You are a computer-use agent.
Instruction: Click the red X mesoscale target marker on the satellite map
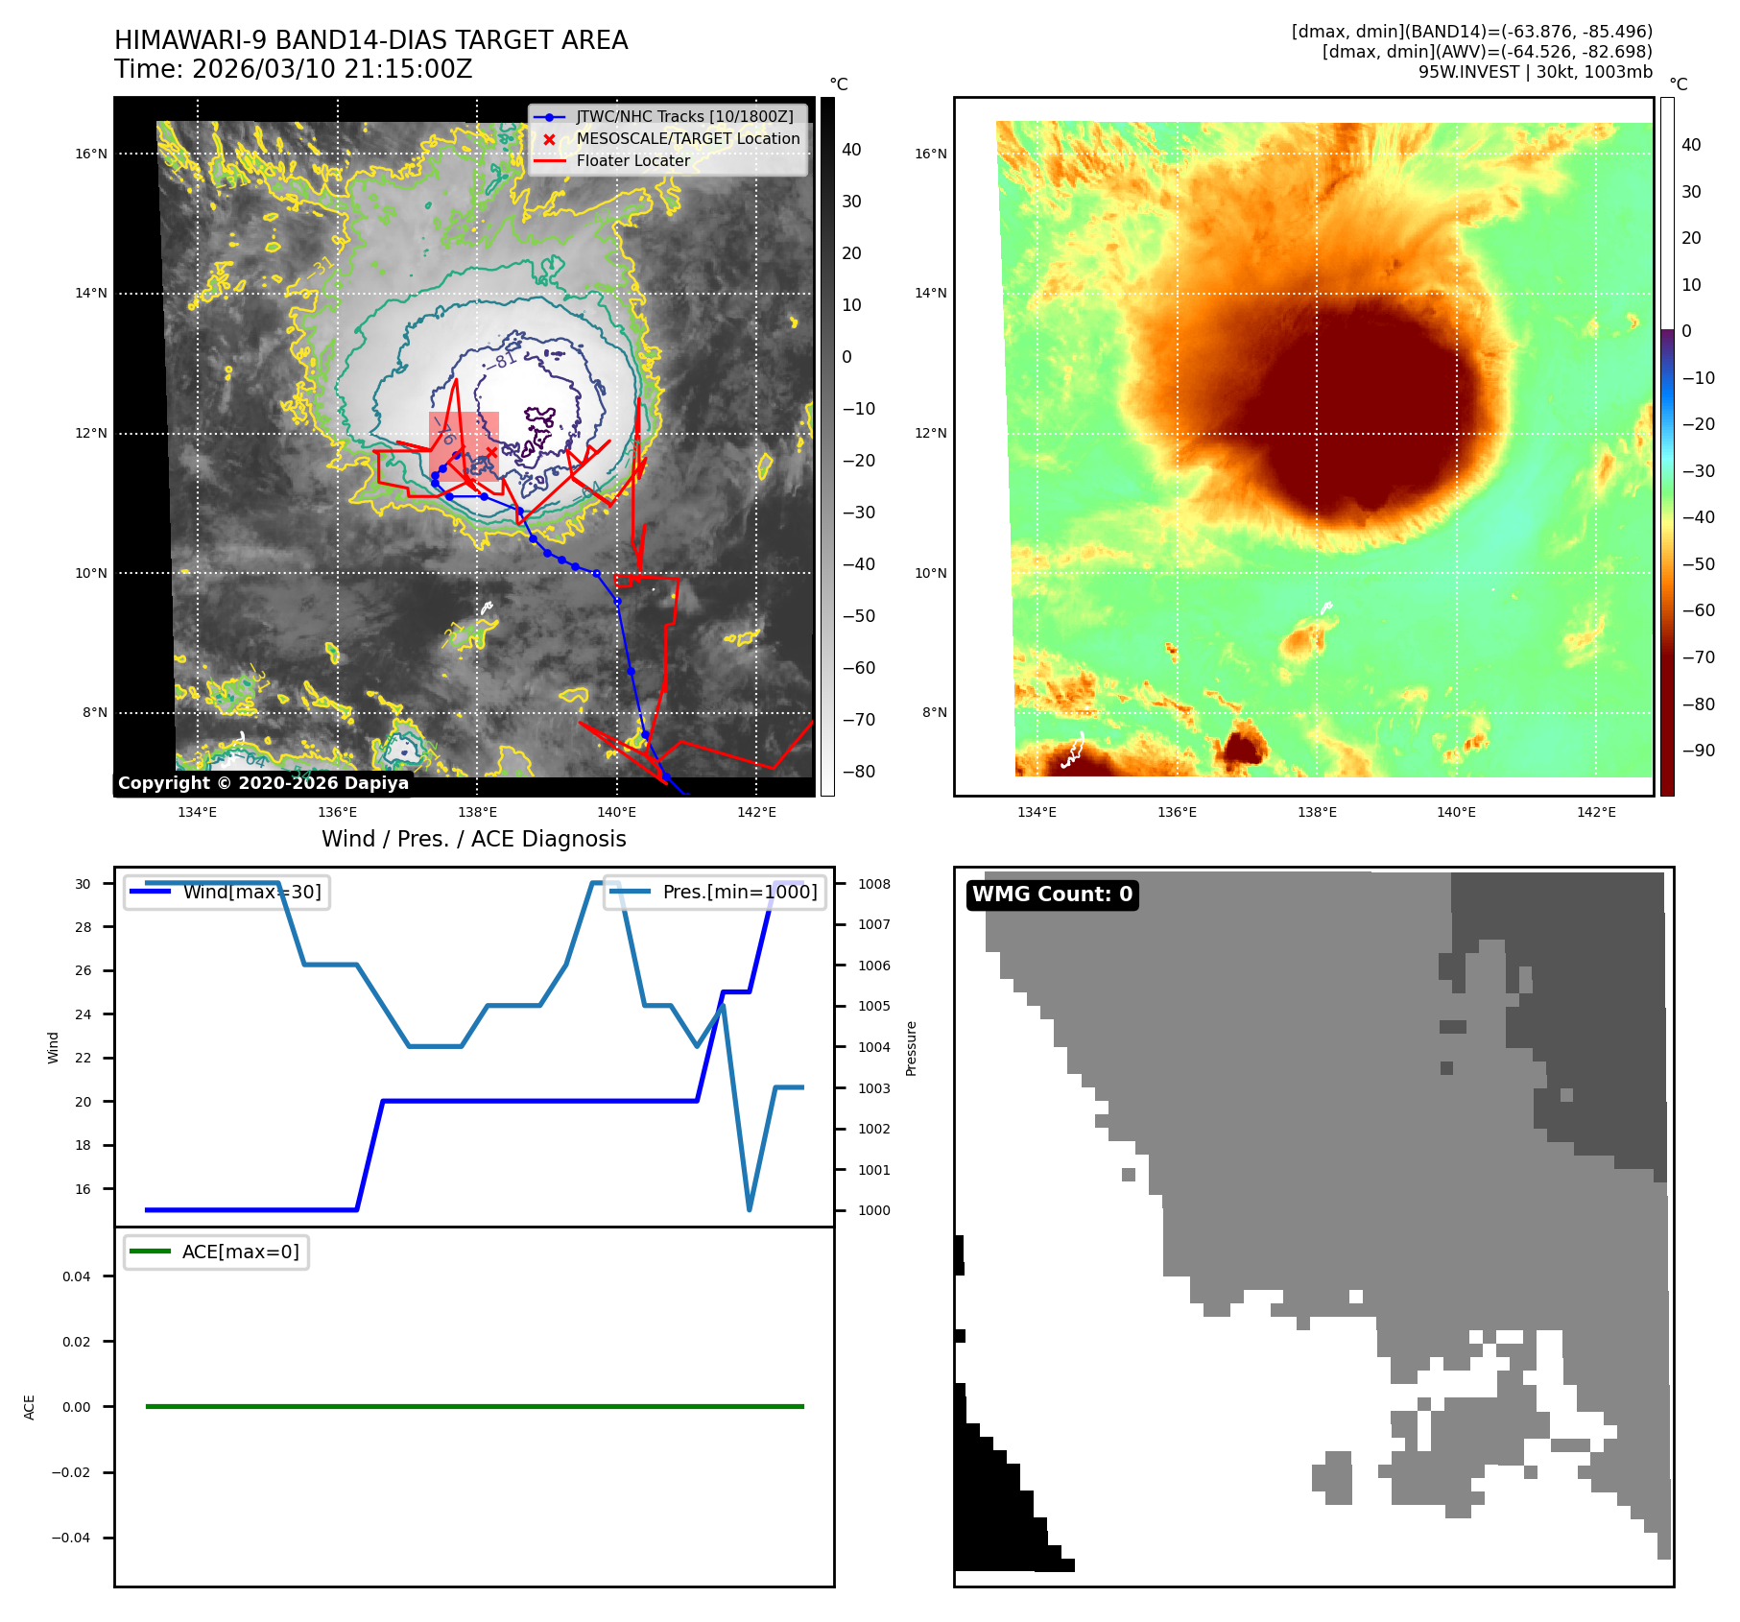point(491,452)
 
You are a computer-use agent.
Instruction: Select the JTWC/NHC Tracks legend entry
point(684,116)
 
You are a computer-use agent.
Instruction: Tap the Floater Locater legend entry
point(632,160)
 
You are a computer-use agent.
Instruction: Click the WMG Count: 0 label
point(1052,894)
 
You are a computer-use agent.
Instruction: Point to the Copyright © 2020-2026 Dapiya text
point(263,783)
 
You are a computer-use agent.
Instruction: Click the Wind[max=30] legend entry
point(251,892)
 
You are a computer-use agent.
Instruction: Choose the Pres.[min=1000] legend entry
point(739,892)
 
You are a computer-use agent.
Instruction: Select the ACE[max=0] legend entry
point(240,1252)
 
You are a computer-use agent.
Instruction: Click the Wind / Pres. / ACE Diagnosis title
point(473,839)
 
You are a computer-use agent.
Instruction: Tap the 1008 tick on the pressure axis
point(873,884)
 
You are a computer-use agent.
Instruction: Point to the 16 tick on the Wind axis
point(83,1189)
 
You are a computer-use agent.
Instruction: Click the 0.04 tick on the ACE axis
point(77,1276)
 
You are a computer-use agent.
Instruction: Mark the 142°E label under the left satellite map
point(756,812)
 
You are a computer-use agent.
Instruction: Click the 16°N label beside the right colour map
point(930,154)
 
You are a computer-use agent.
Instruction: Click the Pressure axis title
point(911,1048)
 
